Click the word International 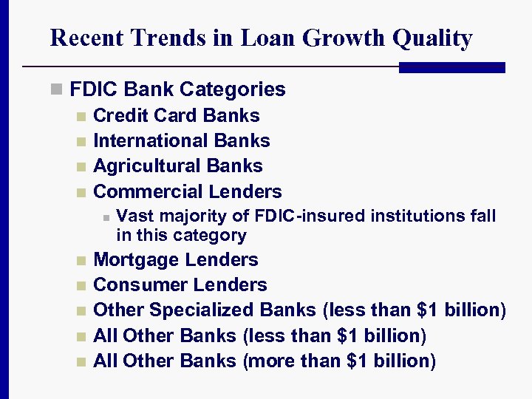pos(151,140)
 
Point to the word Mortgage pos(137,260)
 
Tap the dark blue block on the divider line pos(451,67)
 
